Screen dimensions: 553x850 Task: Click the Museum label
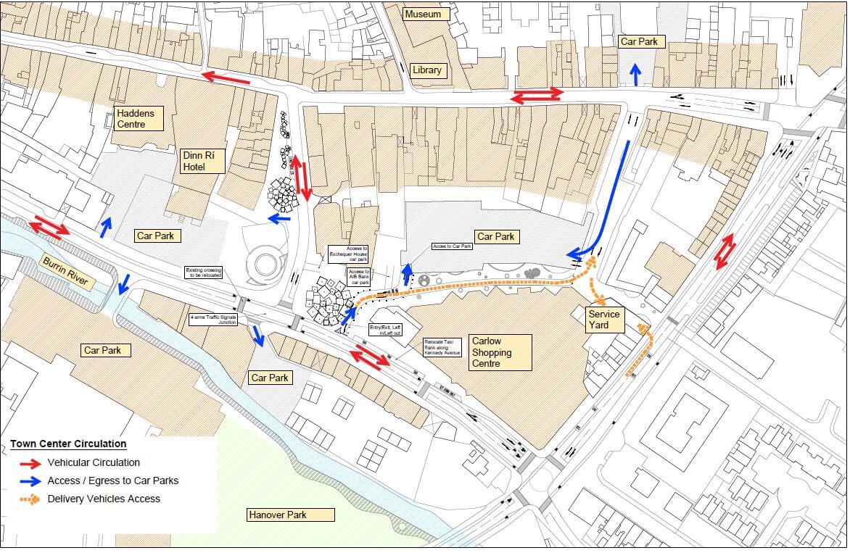point(423,14)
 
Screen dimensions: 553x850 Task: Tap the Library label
point(426,70)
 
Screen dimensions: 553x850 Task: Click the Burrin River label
point(65,273)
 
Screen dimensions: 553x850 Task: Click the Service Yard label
point(603,320)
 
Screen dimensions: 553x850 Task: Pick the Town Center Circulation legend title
point(68,444)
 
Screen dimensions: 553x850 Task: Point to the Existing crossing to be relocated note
point(204,273)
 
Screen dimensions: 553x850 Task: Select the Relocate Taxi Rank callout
point(442,348)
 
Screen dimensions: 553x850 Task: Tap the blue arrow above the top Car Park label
point(636,73)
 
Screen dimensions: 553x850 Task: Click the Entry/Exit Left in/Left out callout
point(385,330)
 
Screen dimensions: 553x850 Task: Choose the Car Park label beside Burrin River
point(107,351)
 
